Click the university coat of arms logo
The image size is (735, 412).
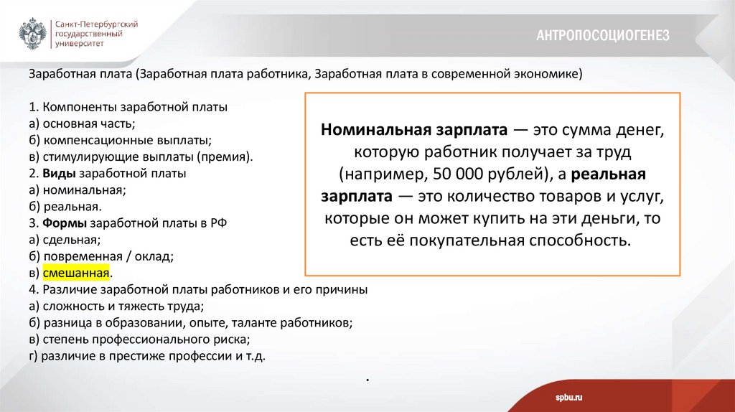pyautogui.click(x=33, y=32)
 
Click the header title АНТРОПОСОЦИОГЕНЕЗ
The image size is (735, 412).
pyautogui.click(x=602, y=35)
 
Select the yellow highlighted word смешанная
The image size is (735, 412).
pyautogui.click(x=75, y=273)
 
